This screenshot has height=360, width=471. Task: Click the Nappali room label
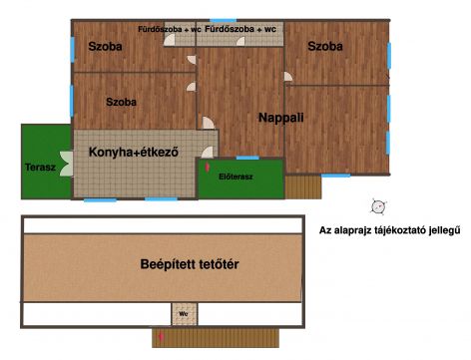coord(281,118)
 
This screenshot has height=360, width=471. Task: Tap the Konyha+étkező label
coord(134,152)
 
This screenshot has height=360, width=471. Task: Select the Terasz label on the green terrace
coord(40,167)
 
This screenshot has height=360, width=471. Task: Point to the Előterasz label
coord(235,177)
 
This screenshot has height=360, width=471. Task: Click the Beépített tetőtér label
coord(190,264)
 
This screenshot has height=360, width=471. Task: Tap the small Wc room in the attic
coord(185,314)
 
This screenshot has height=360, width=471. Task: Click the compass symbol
coord(378,206)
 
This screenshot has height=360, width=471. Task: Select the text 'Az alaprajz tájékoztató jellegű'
coord(390,230)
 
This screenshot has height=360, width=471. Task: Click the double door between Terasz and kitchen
coord(67,164)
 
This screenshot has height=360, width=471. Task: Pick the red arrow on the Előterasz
coord(208,167)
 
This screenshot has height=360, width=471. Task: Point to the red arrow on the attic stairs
coord(162,337)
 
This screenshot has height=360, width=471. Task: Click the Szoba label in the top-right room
coord(325,46)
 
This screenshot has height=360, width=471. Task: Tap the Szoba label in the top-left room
coord(105,46)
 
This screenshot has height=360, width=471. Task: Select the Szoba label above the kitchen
coord(121,102)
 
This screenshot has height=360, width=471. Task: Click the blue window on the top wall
coord(224,21)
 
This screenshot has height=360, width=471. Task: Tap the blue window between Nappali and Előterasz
coord(247,158)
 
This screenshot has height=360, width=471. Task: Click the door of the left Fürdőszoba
coord(170,40)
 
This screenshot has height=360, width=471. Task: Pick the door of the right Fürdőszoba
coord(240,41)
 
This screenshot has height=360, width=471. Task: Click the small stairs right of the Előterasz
coord(303,187)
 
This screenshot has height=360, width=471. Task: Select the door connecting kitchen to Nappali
coord(208,153)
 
